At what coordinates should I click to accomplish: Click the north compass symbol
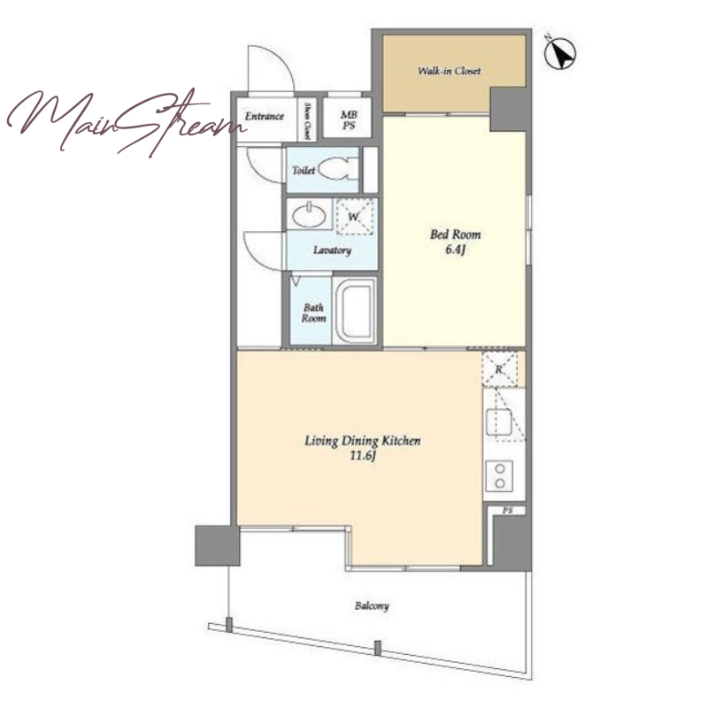(x=560, y=52)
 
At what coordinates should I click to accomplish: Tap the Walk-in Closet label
(x=450, y=71)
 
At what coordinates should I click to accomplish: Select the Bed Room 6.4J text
(x=455, y=242)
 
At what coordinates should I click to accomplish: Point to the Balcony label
(x=372, y=606)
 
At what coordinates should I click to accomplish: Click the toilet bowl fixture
(x=337, y=170)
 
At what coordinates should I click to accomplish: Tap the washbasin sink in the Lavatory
(x=309, y=215)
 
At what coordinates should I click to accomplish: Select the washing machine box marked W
(x=355, y=216)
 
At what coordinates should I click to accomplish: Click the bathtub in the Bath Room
(x=355, y=311)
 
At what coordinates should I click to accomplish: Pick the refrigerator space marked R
(x=499, y=369)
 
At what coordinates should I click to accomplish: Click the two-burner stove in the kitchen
(x=499, y=476)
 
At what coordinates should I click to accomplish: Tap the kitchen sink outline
(x=498, y=423)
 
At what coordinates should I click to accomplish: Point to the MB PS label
(x=349, y=120)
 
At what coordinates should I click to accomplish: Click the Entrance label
(x=265, y=116)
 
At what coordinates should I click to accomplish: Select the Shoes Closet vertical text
(x=307, y=120)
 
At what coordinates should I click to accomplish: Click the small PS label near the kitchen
(x=507, y=511)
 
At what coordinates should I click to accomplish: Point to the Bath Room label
(x=313, y=313)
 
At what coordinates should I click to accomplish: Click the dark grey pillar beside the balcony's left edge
(x=217, y=545)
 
